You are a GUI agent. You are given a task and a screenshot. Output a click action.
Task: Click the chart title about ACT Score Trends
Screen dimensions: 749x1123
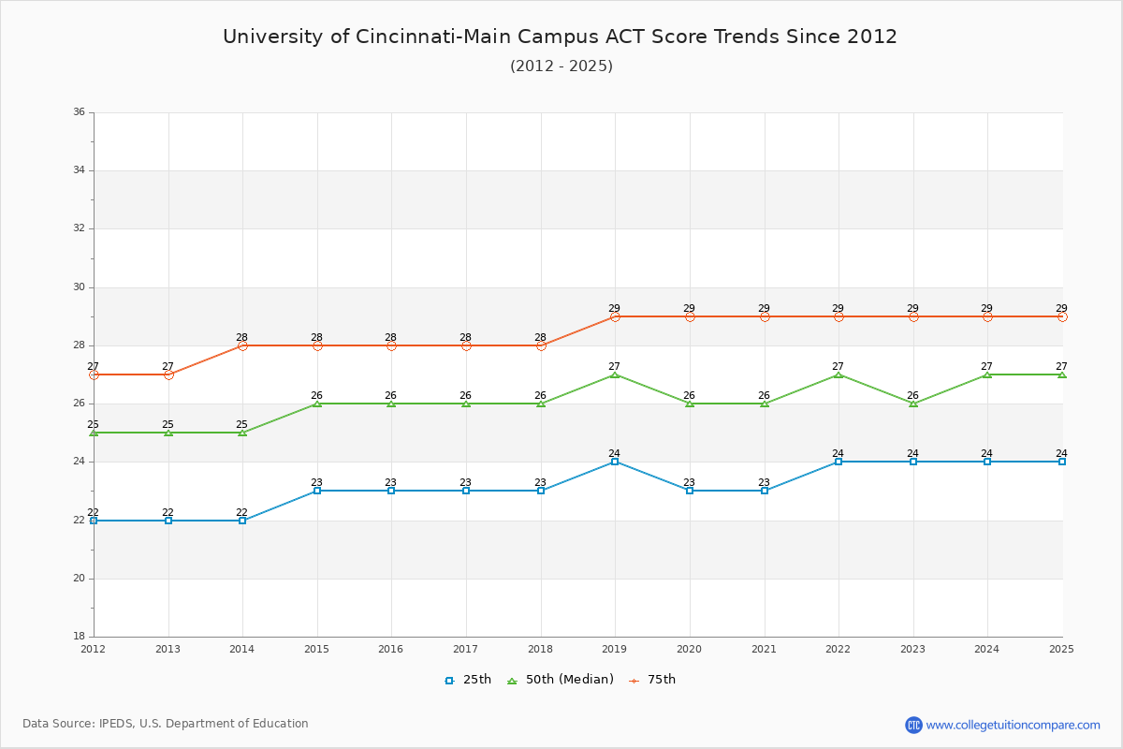[560, 37]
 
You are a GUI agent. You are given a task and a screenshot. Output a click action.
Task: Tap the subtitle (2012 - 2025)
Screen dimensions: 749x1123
[561, 66]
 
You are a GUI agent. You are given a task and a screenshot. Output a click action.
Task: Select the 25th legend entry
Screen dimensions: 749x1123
[468, 680]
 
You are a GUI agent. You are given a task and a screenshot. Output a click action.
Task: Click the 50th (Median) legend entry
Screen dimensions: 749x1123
[561, 680]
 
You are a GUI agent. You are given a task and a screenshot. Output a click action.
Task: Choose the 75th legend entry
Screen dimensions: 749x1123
[652, 680]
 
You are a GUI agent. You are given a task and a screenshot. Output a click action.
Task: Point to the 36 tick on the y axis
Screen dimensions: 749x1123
[79, 112]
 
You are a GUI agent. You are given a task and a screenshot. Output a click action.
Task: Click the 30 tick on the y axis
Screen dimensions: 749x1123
[79, 287]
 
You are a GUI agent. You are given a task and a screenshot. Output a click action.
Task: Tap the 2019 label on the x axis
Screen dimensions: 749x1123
[615, 649]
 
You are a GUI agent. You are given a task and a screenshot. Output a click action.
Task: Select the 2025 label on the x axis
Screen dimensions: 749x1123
[1061, 649]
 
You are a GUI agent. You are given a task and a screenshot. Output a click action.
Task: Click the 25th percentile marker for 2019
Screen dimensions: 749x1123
[615, 462]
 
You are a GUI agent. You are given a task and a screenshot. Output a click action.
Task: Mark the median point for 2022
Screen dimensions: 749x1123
[839, 374]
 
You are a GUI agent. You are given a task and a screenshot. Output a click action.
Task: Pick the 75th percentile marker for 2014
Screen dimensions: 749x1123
[242, 345]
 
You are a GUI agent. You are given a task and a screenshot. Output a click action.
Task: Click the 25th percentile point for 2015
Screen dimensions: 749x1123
[317, 491]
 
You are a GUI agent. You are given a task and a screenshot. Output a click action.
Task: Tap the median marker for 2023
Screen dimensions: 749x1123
[913, 404]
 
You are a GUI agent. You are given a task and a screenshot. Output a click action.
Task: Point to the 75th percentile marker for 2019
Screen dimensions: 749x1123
[615, 316]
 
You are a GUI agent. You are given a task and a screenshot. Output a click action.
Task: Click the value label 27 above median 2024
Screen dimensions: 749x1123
[986, 366]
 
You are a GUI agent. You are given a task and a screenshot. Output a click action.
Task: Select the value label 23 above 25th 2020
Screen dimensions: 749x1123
[689, 483]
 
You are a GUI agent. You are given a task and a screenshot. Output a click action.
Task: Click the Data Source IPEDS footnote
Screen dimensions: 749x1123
[166, 724]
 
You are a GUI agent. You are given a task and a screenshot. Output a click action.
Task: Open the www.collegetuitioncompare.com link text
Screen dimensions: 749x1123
[1014, 725]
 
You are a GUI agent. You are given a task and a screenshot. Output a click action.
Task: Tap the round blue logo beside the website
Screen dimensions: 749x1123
[913, 725]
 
